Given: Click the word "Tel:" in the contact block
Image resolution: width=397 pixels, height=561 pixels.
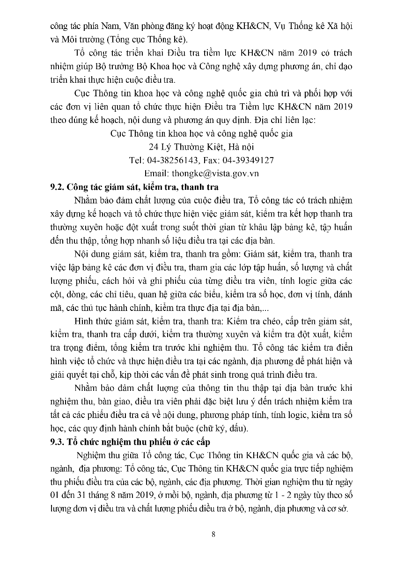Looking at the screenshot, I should point(137,160).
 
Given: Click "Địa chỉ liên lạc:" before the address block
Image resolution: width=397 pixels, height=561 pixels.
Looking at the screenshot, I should point(286,120).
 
